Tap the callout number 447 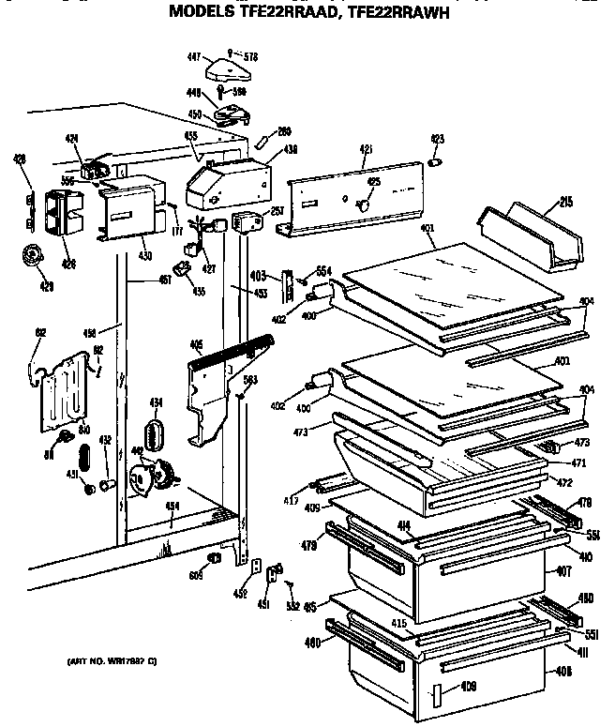[x=194, y=57]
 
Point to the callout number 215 [x=567, y=201]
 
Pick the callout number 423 [x=436, y=141]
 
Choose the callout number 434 [x=156, y=402]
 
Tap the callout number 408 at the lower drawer [x=563, y=670]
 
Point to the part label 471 [x=553, y=462]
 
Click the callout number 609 [x=196, y=574]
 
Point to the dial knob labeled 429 [x=35, y=254]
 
